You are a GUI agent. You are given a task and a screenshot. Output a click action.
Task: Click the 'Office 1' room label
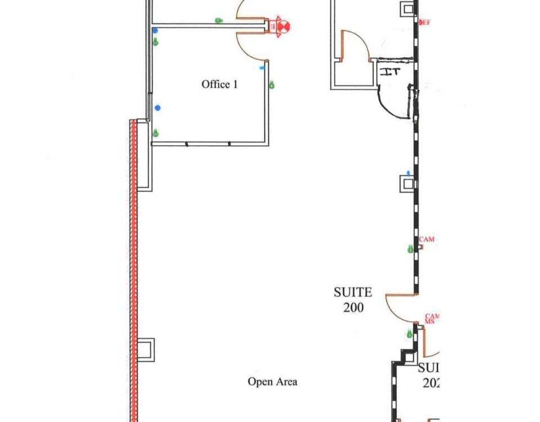point(219,84)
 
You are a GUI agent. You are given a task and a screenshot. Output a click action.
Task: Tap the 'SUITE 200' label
point(353,300)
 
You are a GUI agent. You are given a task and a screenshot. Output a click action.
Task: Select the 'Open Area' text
point(272,381)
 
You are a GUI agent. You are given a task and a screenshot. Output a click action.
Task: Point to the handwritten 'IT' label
point(389,71)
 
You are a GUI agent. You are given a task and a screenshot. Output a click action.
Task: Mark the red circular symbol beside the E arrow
point(285,25)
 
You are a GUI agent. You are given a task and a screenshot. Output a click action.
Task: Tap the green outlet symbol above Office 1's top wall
point(219,20)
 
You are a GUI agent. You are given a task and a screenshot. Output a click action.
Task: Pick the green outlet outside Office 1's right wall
point(272,85)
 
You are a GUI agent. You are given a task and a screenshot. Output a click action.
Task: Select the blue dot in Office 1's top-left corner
point(155,30)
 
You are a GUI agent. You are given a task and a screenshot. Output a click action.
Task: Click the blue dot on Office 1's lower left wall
point(157,107)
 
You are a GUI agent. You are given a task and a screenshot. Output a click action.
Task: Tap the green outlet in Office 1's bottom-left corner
point(156,133)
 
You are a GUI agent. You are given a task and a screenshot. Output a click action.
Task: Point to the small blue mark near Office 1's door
point(262,68)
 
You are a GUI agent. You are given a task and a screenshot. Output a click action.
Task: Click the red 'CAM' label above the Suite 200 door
point(427,240)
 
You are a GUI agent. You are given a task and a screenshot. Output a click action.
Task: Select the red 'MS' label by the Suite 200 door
point(429,322)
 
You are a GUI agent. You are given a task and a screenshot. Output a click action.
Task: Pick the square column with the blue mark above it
point(407,184)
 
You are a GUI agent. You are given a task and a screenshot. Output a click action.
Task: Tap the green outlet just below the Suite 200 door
point(409,334)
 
